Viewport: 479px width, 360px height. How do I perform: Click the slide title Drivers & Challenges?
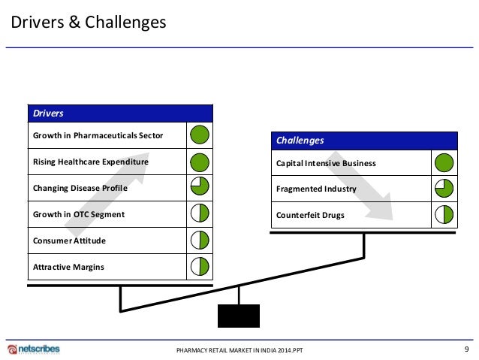pos(88,23)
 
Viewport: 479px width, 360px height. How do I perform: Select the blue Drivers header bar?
pos(120,113)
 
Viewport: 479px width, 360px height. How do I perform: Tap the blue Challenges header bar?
pos(363,141)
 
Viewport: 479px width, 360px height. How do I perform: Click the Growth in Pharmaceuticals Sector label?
pos(98,136)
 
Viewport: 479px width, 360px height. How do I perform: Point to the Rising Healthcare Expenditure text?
pos(91,162)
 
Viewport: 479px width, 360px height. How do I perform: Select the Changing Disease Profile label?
pos(80,188)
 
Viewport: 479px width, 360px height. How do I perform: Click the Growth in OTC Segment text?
pos(79,214)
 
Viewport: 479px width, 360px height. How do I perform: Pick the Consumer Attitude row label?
pos(70,241)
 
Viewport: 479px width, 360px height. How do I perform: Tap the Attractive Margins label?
pos(69,267)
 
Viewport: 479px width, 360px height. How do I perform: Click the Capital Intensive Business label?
pos(326,163)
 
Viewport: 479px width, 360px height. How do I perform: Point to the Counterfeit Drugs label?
pos(311,216)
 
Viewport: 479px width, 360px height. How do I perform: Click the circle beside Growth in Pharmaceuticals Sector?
pos(200,136)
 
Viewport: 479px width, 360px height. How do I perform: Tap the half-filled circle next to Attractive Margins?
pos(200,266)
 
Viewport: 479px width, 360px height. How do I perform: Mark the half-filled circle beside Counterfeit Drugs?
pos(444,216)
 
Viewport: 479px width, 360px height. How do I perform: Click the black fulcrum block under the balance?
pos(239,316)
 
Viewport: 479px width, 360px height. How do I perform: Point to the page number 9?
pos(466,349)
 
